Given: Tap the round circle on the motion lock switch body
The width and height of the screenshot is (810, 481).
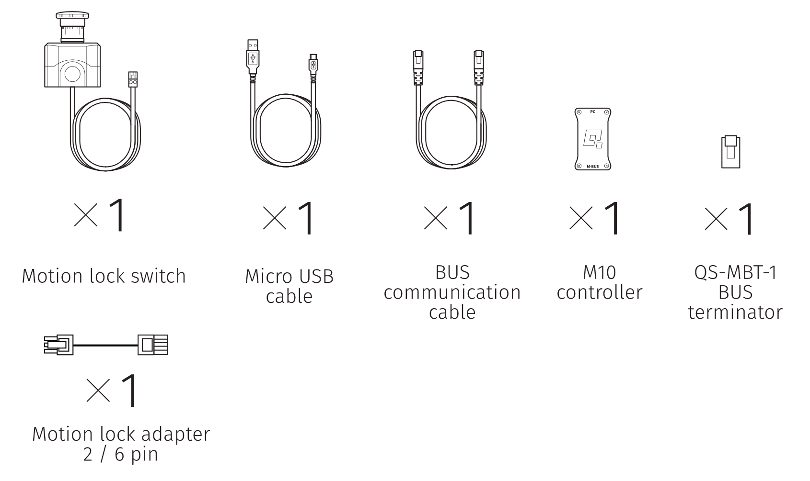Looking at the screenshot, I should pos(72,74).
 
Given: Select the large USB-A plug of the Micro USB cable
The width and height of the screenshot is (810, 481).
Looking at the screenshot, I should pos(253,56).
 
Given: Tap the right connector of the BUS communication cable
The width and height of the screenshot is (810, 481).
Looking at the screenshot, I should pos(478,67).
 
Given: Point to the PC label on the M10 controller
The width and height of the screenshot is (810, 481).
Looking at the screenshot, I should pos(593,112).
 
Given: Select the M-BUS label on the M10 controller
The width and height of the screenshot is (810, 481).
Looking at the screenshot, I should pos(593,166).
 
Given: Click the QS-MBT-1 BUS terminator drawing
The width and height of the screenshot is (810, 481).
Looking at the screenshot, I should pos(730,152).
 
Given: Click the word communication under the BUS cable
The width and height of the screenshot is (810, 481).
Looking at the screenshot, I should pos(452,292).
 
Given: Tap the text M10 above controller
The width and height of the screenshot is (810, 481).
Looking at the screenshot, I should pos(599,272).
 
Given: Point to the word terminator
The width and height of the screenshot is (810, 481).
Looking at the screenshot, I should pos(735,312).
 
